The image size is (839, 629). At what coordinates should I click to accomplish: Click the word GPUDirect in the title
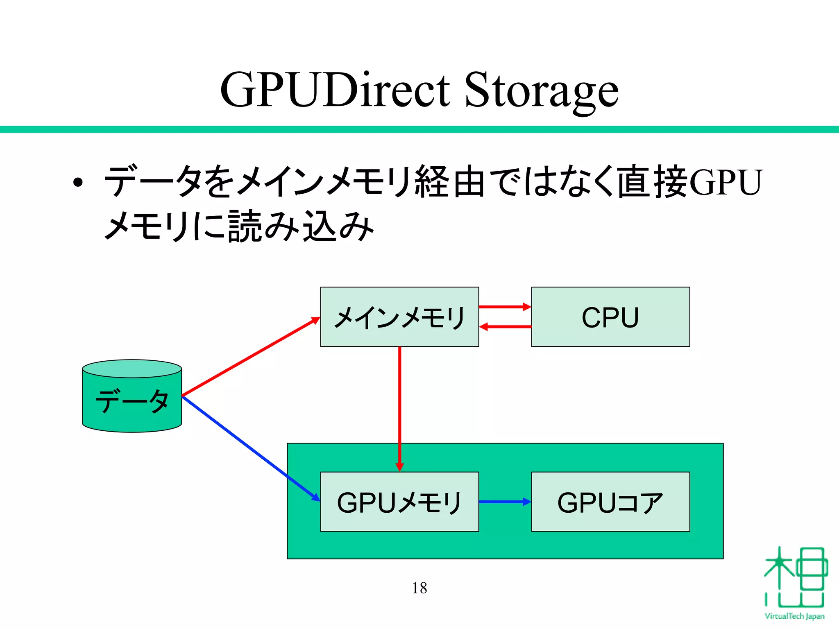point(335,90)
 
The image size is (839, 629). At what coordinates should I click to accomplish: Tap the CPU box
point(610,317)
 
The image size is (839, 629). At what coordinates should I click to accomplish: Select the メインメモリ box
point(399,317)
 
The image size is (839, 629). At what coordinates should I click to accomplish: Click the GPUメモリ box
point(399,502)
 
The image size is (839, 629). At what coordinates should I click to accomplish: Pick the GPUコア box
point(610,502)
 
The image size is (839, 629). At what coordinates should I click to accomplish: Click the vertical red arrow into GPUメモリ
point(400,410)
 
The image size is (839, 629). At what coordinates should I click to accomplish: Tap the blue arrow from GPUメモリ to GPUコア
point(505,502)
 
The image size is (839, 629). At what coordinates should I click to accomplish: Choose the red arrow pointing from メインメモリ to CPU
point(505,307)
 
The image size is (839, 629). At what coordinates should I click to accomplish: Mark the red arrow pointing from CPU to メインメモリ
point(505,327)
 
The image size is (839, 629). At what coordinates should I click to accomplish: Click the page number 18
point(419,588)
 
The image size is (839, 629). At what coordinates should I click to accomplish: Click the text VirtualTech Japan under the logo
point(794,616)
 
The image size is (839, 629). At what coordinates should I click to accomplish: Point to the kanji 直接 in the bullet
point(652,181)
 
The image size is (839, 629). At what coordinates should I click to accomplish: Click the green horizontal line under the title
point(419,129)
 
